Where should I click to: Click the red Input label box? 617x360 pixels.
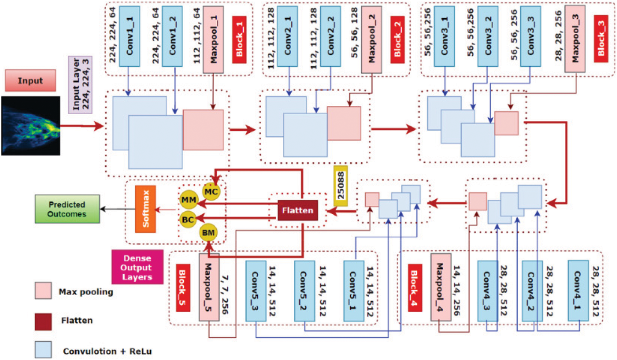pos(30,80)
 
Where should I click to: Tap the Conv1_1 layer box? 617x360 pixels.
pos(129,36)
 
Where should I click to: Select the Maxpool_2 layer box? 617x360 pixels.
pos(371,39)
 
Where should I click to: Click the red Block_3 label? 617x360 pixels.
pos(601,38)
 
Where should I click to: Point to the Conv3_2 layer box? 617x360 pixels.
pos(488,36)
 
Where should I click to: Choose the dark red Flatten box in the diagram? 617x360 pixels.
pos(298,210)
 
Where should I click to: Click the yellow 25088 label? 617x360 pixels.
pos(340,186)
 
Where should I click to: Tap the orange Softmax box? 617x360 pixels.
pos(146,209)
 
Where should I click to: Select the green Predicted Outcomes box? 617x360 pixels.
pos(67,209)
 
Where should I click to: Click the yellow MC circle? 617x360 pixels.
pos(211,192)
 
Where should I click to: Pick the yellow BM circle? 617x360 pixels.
pos(208,233)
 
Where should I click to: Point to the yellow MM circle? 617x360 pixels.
pos(188,200)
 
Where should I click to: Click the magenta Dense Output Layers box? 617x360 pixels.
pos(138,267)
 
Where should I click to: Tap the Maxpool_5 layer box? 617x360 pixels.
pos(209,287)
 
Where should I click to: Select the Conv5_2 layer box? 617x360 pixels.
pos(304,291)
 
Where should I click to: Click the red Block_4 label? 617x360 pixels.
pos(415,288)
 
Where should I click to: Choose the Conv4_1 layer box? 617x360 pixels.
pos(578,291)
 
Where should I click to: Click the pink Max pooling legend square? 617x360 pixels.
pos(43,290)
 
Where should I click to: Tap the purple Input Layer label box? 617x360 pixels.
pos(80,85)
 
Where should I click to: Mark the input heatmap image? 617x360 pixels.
pos(31,126)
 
